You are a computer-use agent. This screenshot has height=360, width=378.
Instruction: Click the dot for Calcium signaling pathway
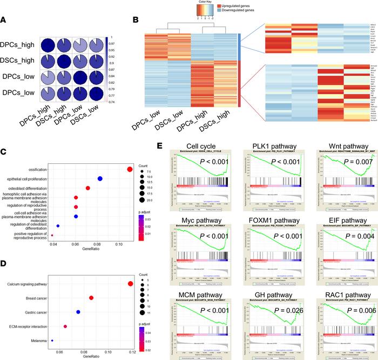point(130,284)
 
